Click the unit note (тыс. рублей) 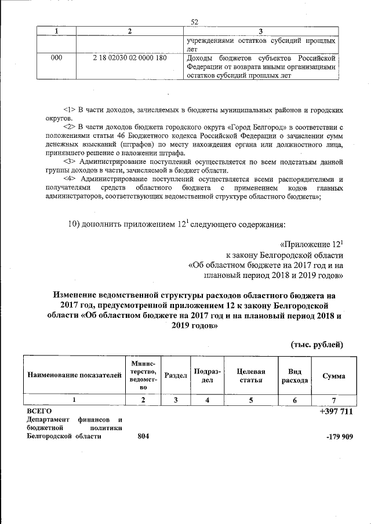(x=317, y=345)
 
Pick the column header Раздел (x=176, y=376)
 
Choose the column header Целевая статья (x=251, y=376)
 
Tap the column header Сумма (x=333, y=376)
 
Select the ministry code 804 (x=144, y=437)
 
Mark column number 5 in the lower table (x=251, y=400)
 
